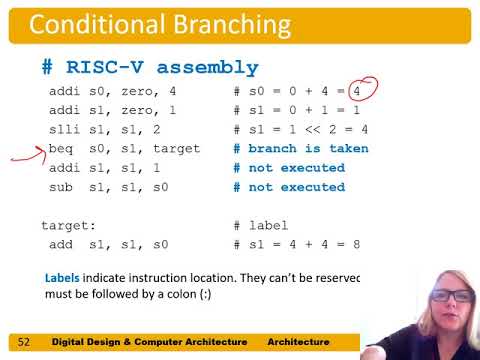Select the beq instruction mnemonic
pyautogui.click(x=61, y=148)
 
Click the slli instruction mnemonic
pyautogui.click(x=65, y=129)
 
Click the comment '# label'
pyautogui.click(x=261, y=226)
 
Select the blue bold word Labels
pyautogui.click(x=65, y=277)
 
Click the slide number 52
pyautogui.click(x=25, y=341)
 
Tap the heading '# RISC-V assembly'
pyautogui.click(x=149, y=68)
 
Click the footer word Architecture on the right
pyautogui.click(x=304, y=341)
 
